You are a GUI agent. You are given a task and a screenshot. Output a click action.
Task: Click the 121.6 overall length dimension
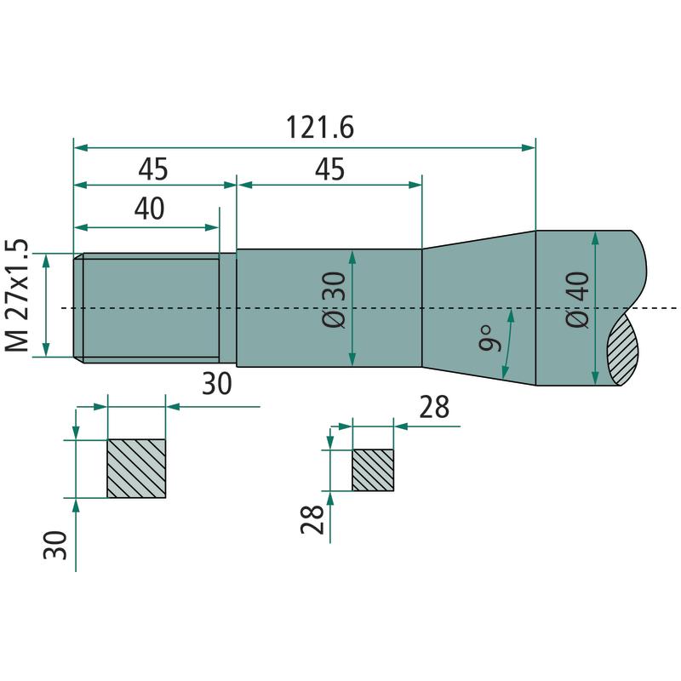(x=320, y=127)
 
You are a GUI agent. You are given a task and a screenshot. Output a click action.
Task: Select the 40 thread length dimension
(x=150, y=209)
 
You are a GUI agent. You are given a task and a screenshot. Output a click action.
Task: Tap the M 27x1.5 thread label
(x=17, y=295)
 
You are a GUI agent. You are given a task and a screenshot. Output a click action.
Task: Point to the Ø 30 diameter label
(x=335, y=300)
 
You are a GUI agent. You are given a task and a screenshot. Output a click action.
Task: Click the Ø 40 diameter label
(x=578, y=300)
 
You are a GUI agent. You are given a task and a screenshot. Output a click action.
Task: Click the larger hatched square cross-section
(x=136, y=469)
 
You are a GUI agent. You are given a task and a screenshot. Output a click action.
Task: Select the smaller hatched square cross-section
(x=373, y=471)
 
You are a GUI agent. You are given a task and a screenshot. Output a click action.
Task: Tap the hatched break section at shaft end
(x=624, y=350)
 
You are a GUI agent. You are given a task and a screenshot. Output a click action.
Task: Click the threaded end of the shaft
(x=151, y=308)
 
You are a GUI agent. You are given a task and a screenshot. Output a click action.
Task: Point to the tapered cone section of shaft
(x=479, y=308)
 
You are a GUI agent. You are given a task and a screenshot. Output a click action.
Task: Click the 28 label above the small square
(x=434, y=408)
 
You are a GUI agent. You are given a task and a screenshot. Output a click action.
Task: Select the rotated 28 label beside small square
(x=312, y=519)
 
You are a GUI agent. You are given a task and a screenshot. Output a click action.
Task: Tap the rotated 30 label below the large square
(x=55, y=545)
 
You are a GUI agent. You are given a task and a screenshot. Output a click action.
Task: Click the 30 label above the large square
(x=217, y=384)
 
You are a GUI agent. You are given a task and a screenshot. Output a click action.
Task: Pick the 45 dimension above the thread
(x=153, y=169)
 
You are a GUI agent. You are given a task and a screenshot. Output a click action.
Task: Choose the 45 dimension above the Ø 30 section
(x=330, y=169)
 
